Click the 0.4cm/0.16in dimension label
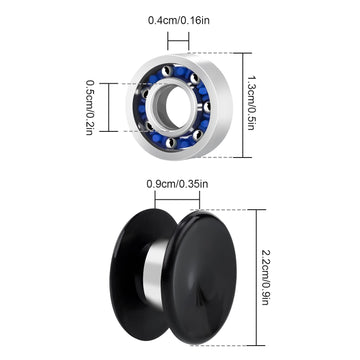179,20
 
